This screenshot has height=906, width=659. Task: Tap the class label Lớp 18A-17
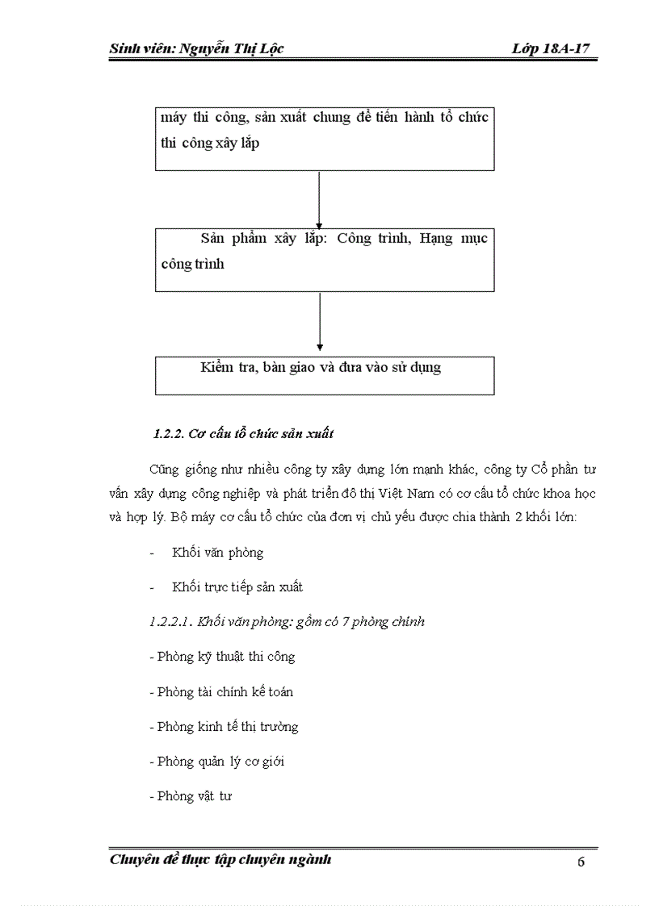click(550, 49)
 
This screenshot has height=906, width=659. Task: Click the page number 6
click(581, 862)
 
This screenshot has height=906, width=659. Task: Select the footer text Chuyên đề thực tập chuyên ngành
click(220, 859)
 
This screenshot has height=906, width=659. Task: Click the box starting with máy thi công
click(324, 138)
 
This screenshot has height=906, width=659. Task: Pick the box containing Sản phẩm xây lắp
click(324, 259)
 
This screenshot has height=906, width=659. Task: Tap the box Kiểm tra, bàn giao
click(324, 375)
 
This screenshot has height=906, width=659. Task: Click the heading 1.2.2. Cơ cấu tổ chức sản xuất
click(243, 434)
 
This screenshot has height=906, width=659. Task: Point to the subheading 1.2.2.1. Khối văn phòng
click(288, 622)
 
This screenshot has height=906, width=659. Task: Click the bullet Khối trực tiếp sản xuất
click(237, 587)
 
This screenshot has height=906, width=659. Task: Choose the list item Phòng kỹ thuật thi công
click(223, 657)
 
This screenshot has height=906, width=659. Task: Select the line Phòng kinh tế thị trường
click(225, 727)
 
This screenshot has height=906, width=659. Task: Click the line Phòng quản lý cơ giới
click(217, 762)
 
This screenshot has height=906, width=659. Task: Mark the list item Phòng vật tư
click(191, 796)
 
